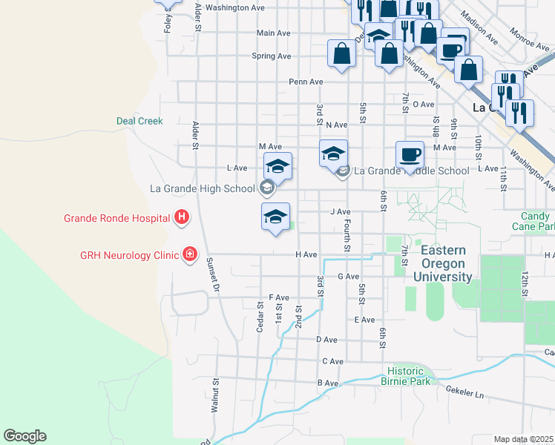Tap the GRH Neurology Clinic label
(x=130, y=255)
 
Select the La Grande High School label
(x=203, y=188)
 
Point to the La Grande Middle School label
(x=412, y=171)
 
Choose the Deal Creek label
(x=139, y=121)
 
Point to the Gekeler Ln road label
(x=464, y=392)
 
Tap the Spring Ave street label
(x=271, y=56)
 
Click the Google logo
(x=24, y=436)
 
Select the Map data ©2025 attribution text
(x=524, y=439)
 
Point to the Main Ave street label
(x=273, y=33)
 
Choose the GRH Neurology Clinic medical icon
(x=191, y=255)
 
